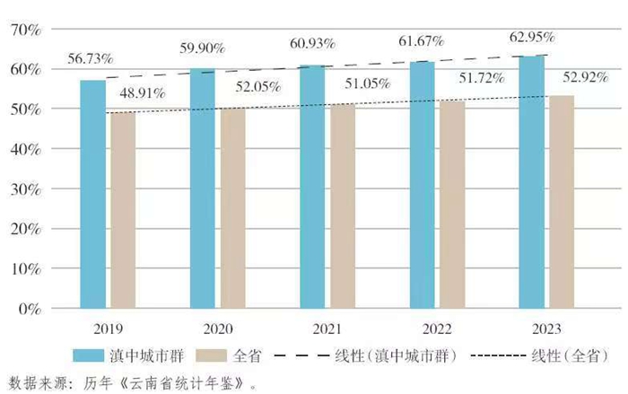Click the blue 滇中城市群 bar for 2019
92,194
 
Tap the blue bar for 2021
312,187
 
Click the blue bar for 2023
532,182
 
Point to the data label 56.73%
90,59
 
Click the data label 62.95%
532,38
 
